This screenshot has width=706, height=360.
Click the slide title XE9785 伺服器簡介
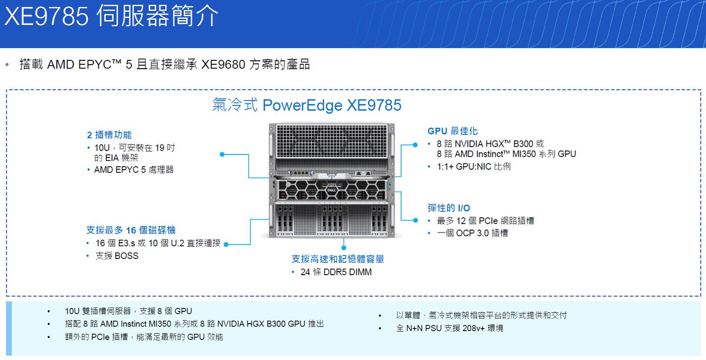click(112, 16)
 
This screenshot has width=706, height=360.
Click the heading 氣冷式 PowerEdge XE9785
click(307, 105)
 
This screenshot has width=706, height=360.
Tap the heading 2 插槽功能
click(109, 135)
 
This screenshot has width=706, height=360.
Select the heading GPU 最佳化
click(453, 131)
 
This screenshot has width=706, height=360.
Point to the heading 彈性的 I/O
click(449, 208)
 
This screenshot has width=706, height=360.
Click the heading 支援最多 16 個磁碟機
click(131, 230)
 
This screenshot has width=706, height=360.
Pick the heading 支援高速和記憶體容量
click(338, 259)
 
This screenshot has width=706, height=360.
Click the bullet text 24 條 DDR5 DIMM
click(336, 272)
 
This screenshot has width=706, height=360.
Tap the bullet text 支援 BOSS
click(117, 256)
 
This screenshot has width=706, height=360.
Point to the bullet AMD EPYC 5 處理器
click(134, 170)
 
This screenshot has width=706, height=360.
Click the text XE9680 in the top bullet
click(223, 65)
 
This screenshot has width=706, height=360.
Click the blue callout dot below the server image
click(344, 241)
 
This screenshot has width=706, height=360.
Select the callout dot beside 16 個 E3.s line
click(226, 244)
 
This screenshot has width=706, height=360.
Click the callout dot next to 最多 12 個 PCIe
click(416, 221)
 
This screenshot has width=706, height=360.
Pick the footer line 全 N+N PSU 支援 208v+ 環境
click(449, 328)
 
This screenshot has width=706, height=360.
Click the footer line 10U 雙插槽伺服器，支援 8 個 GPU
click(128, 311)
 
